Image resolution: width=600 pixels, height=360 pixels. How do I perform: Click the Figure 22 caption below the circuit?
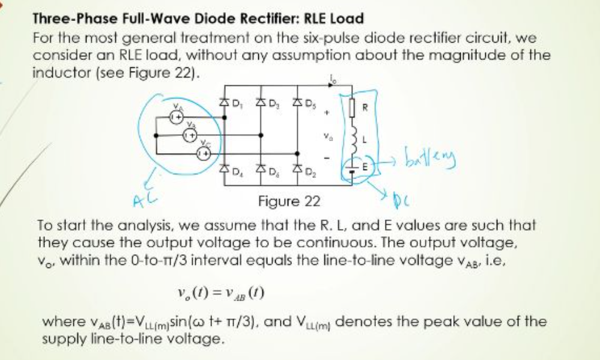[285, 201]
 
